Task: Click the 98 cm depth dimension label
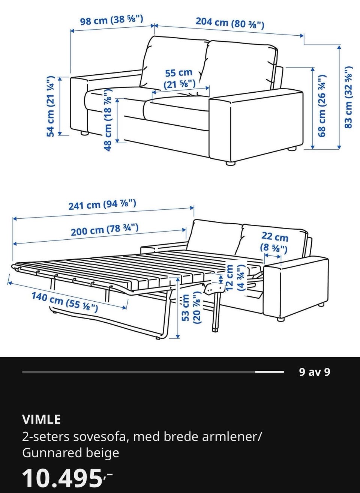[x=112, y=20]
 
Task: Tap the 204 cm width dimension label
[x=230, y=23]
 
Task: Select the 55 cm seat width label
[x=179, y=78]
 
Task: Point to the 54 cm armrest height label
[x=51, y=106]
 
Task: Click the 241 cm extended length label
[x=102, y=204]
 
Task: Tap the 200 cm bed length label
[x=105, y=230]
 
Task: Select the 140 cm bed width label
[x=65, y=302]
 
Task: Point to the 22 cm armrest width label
[x=274, y=243]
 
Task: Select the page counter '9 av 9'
[x=315, y=372]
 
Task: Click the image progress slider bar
[x=153, y=372]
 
